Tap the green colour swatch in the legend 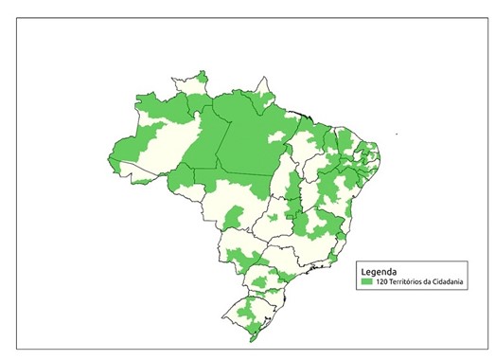(x=366, y=281)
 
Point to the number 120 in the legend (x=381, y=281)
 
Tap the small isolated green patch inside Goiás (x=273, y=219)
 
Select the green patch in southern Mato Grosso (x=232, y=220)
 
